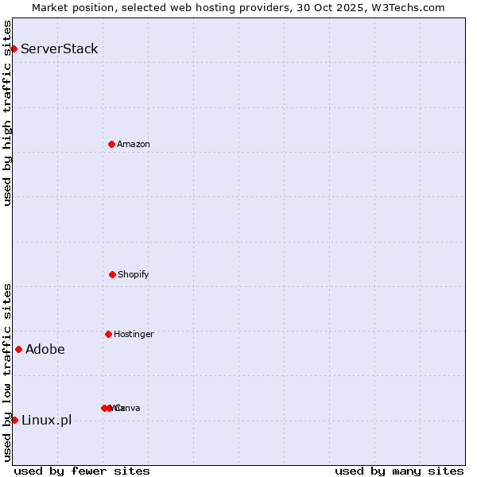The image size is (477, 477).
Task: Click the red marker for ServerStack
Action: pyautogui.click(x=14, y=48)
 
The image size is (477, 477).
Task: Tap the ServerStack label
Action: pyautogui.click(x=60, y=48)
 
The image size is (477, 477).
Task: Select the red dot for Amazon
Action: pyautogui.click(x=111, y=144)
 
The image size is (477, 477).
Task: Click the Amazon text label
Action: pyautogui.click(x=134, y=144)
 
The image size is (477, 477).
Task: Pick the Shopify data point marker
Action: pyautogui.click(x=112, y=274)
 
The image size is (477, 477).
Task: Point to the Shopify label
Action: pyautogui.click(x=134, y=274)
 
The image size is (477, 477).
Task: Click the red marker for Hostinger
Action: pyautogui.click(x=108, y=334)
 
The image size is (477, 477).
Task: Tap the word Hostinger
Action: pyautogui.click(x=134, y=334)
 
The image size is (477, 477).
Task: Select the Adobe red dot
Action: pyautogui.click(x=18, y=349)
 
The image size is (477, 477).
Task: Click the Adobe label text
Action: pyautogui.click(x=45, y=349)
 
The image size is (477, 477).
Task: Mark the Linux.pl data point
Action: pyautogui.click(x=14, y=420)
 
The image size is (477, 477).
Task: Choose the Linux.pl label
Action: pyautogui.click(x=46, y=420)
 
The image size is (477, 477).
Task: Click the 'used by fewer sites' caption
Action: pyautogui.click(x=82, y=471)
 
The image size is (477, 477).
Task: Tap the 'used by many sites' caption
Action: pyautogui.click(x=399, y=471)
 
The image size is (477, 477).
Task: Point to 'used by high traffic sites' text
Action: pyautogui.click(x=7, y=113)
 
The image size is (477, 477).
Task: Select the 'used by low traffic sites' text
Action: pyautogui.click(x=7, y=371)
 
